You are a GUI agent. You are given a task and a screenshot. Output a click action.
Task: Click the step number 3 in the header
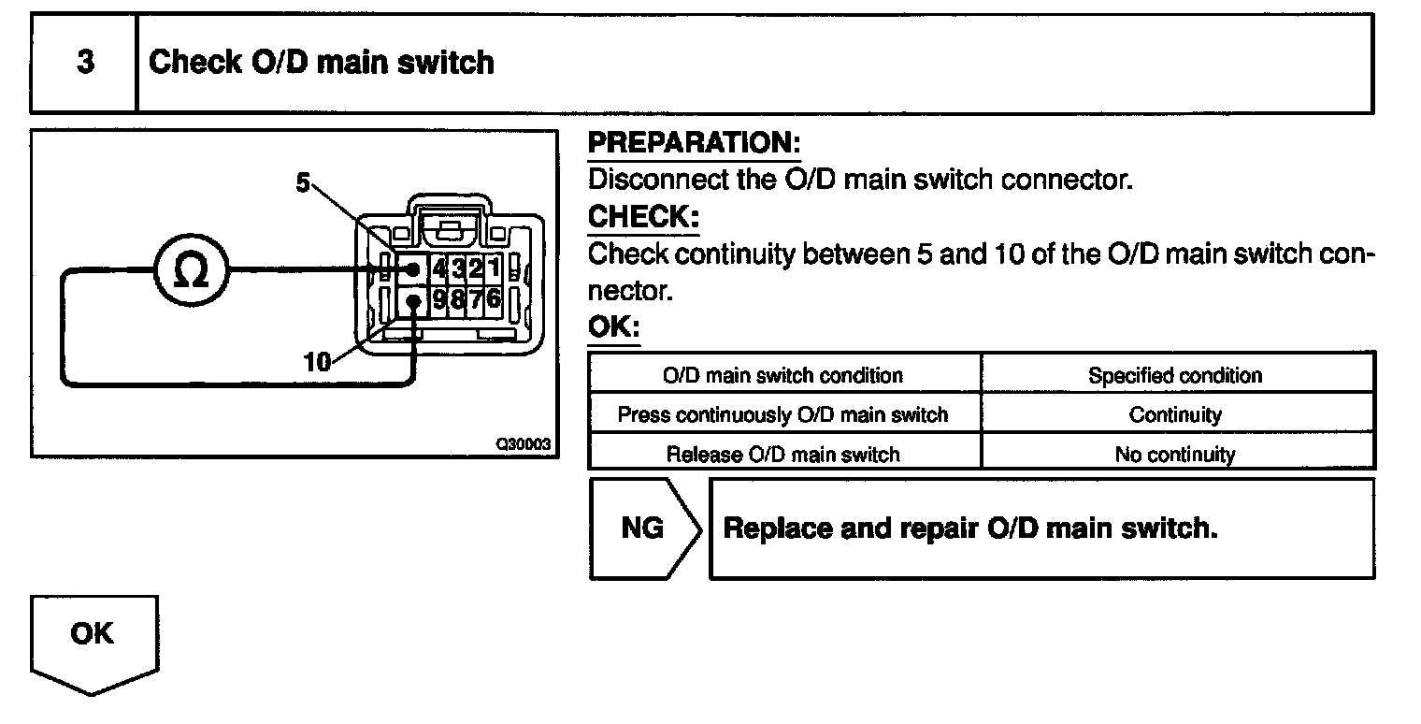pos(85,64)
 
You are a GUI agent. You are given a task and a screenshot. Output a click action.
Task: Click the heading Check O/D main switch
pos(322,63)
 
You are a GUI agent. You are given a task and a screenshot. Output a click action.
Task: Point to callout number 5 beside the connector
pos(302,183)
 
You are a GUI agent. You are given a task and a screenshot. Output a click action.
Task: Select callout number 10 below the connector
pos(317,363)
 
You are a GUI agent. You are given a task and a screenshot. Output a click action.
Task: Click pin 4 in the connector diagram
pos(440,269)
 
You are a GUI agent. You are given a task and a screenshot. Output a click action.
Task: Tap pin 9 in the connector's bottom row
pos(440,301)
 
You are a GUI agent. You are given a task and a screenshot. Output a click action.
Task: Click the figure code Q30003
pos(524,445)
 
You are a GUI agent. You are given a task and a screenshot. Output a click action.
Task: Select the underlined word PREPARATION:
pos(694,143)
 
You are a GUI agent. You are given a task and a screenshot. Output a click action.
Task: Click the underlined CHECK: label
pos(643,217)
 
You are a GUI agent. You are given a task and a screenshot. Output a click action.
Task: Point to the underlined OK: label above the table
pos(613,328)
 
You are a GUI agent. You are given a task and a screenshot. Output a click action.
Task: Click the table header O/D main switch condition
pos(782,376)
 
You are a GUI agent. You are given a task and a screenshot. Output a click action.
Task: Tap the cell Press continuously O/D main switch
pos(782,414)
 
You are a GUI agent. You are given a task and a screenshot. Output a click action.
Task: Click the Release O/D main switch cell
pos(782,455)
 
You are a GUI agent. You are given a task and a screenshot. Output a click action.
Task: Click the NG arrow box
pos(644,529)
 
